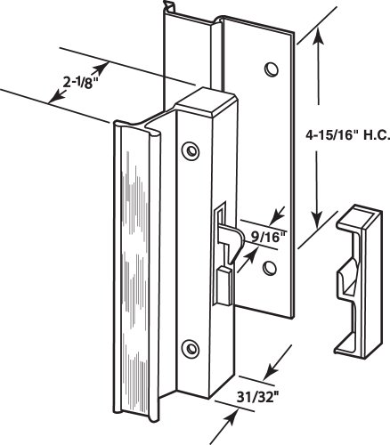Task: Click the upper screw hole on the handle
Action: [191, 150]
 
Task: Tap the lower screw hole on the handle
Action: [191, 348]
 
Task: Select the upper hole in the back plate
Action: [272, 69]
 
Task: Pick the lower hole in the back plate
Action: [270, 268]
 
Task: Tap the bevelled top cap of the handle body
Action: [207, 101]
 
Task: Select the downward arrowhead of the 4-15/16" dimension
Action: [317, 217]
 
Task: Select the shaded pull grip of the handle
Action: [136, 270]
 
